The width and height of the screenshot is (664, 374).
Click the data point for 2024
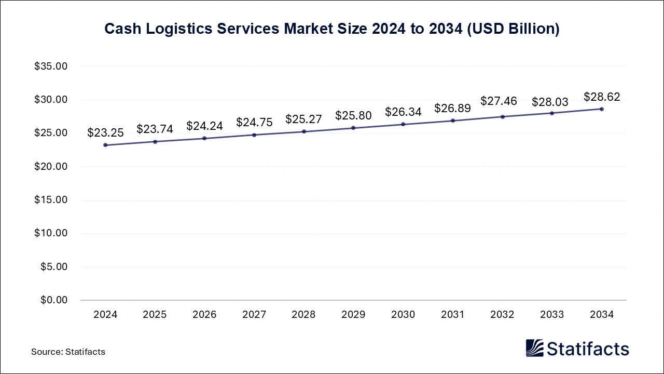tap(105, 145)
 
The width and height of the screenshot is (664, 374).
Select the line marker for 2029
tap(353, 128)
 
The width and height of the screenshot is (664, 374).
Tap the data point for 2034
tap(602, 109)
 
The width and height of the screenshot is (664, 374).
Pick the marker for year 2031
tap(453, 121)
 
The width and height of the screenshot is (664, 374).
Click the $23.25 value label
tap(105, 132)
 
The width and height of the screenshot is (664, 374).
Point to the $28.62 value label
tap(602, 97)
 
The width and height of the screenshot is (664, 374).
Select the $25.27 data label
tap(303, 119)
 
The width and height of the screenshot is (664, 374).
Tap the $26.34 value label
tap(403, 112)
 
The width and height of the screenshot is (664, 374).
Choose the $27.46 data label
tap(499, 101)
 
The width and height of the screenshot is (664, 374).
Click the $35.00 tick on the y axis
tap(51, 66)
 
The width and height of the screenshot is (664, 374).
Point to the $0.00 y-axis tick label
tap(53, 300)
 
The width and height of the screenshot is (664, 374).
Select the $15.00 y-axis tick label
tap(51, 200)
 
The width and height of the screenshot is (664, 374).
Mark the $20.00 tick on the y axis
tap(51, 167)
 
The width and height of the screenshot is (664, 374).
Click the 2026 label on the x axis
tap(204, 315)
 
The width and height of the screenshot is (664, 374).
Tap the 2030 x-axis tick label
tap(403, 315)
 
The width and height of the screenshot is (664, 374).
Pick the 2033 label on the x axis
tap(552, 315)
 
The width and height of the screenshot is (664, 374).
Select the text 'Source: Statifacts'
tap(68, 352)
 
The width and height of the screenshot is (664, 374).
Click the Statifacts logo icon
tap(534, 348)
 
